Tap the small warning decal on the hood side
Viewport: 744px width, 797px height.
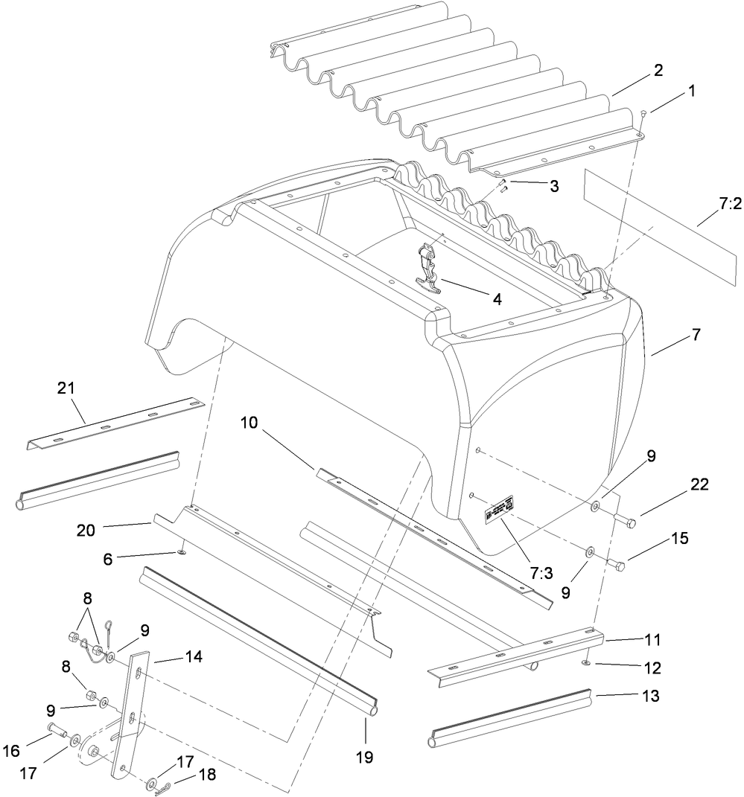coord(496,513)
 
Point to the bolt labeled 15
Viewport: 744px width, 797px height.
coord(615,566)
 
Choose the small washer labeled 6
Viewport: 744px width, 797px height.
coord(180,553)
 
